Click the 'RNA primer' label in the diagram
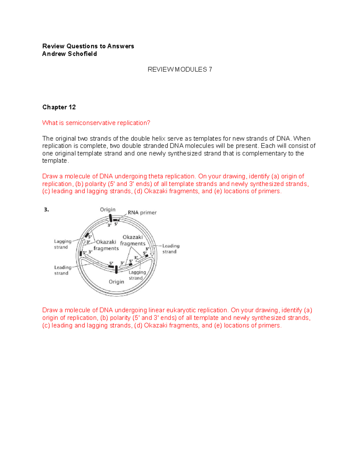point(142,212)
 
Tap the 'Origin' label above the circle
point(108,209)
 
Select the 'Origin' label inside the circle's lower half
point(116,282)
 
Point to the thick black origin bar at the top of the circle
point(110,218)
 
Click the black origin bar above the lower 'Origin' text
point(116,269)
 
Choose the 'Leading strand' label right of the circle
point(171,249)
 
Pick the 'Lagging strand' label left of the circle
point(62,244)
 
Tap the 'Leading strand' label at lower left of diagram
point(62,270)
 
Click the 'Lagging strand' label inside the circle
point(137,275)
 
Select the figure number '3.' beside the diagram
point(46,210)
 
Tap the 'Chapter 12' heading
point(59,107)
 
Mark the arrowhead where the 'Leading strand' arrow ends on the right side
point(152,255)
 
